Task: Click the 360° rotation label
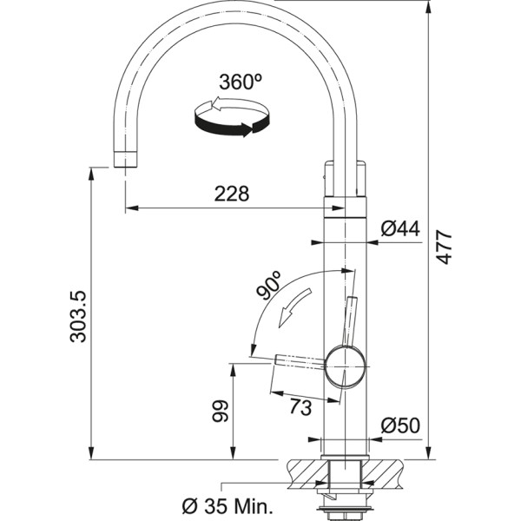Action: tap(241, 82)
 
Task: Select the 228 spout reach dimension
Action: tap(231, 195)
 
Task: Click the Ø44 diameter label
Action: tap(400, 228)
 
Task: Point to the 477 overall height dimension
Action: tap(444, 247)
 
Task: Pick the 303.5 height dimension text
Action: tap(78, 315)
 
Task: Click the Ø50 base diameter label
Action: tap(400, 425)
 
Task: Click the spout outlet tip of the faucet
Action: tap(125, 158)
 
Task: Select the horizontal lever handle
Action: tap(300, 361)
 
